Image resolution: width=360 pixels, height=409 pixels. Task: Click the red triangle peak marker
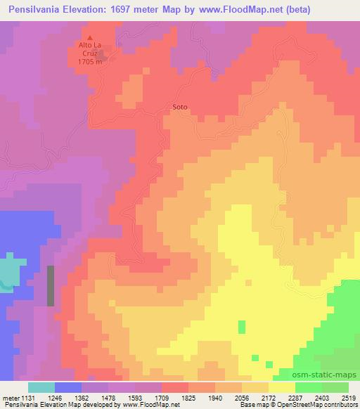coord(90,37)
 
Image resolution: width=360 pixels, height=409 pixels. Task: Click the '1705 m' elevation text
coord(90,62)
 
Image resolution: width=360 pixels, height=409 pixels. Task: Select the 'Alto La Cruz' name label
coord(90,50)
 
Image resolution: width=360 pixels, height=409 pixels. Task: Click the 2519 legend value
coord(340,397)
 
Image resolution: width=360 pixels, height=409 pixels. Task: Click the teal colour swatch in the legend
coord(41,387)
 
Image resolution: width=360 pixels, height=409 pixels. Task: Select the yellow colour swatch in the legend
coord(282,387)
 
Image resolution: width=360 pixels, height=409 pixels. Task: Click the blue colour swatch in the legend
coord(68,387)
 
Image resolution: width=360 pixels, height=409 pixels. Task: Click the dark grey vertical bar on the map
coord(51,285)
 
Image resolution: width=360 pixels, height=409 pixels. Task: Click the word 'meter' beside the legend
coord(11,397)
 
